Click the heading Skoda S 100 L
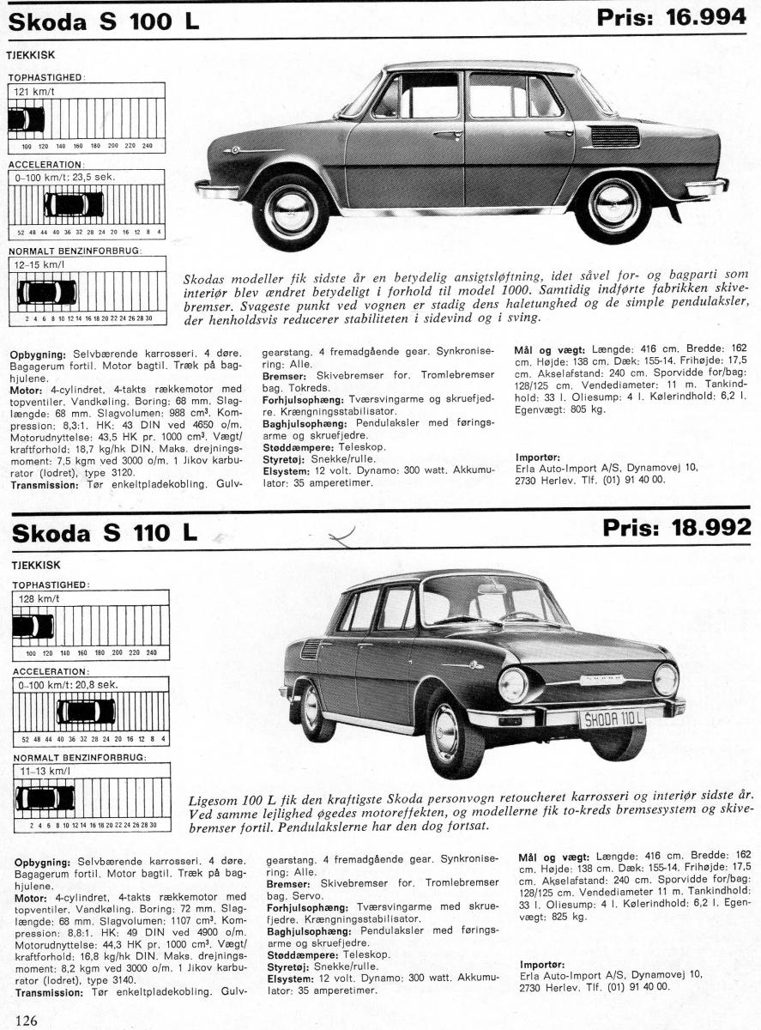pos(104,22)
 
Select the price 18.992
pos(677,527)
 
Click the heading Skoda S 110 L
pos(104,532)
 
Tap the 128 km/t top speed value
pos(35,597)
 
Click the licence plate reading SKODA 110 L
pos(612,718)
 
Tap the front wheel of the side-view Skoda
pos(291,211)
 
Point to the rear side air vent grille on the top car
pos(614,136)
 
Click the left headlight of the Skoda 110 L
pos(513,685)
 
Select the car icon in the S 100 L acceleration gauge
pos(74,204)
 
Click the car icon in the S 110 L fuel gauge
pos(45,798)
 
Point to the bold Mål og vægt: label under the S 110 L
pos(552,856)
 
